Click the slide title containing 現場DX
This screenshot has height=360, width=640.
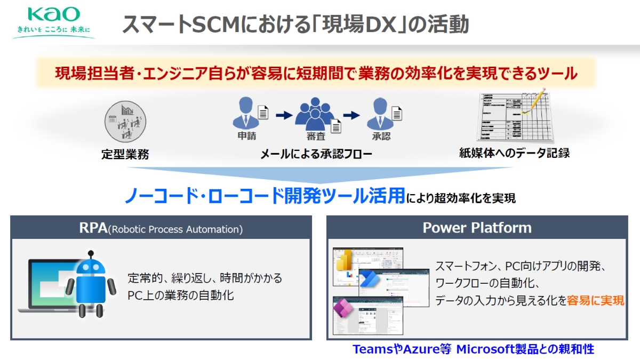coord(295,25)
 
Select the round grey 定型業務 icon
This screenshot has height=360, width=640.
coord(125,121)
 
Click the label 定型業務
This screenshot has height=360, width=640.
coord(125,155)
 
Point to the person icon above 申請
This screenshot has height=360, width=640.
coord(246,113)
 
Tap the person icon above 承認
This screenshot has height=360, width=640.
coord(380,113)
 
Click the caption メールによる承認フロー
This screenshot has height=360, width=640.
coord(316,155)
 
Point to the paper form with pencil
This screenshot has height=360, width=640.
coord(515,117)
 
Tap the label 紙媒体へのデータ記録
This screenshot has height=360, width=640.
coord(514,154)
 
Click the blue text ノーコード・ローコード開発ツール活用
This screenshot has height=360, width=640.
coord(265,196)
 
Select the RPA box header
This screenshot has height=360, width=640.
coord(161,229)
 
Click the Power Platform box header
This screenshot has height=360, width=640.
coord(477,228)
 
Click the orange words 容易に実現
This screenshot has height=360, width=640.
coord(596,300)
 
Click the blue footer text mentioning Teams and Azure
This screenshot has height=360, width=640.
coord(473,350)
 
